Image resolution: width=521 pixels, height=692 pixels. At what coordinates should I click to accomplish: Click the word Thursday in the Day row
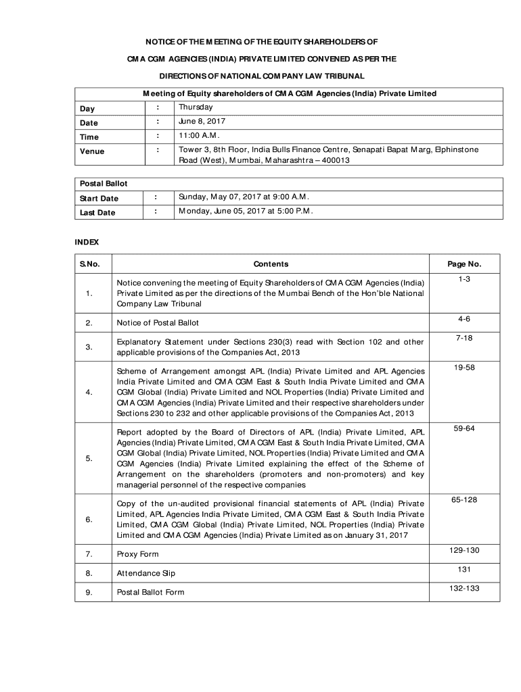(x=196, y=107)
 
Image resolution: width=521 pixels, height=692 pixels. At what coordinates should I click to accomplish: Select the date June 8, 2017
(x=202, y=122)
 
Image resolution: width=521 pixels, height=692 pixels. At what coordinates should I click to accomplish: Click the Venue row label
(x=92, y=151)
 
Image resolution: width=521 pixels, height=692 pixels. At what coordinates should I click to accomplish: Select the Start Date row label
(x=99, y=198)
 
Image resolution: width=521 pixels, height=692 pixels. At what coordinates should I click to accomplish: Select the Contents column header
(x=271, y=264)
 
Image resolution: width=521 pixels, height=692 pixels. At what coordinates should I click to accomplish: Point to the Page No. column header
(x=464, y=264)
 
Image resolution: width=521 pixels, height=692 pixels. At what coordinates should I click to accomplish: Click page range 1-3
(x=464, y=279)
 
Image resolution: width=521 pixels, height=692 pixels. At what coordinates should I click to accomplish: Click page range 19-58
(x=464, y=368)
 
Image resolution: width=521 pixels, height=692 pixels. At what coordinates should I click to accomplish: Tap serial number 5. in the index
(x=89, y=459)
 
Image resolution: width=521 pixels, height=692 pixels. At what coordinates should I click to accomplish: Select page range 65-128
(x=464, y=499)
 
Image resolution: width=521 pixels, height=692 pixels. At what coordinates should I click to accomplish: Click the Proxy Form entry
(x=138, y=554)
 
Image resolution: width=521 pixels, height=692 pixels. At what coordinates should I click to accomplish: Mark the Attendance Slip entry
(x=146, y=573)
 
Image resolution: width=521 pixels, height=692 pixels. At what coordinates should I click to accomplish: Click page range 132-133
(x=464, y=588)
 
